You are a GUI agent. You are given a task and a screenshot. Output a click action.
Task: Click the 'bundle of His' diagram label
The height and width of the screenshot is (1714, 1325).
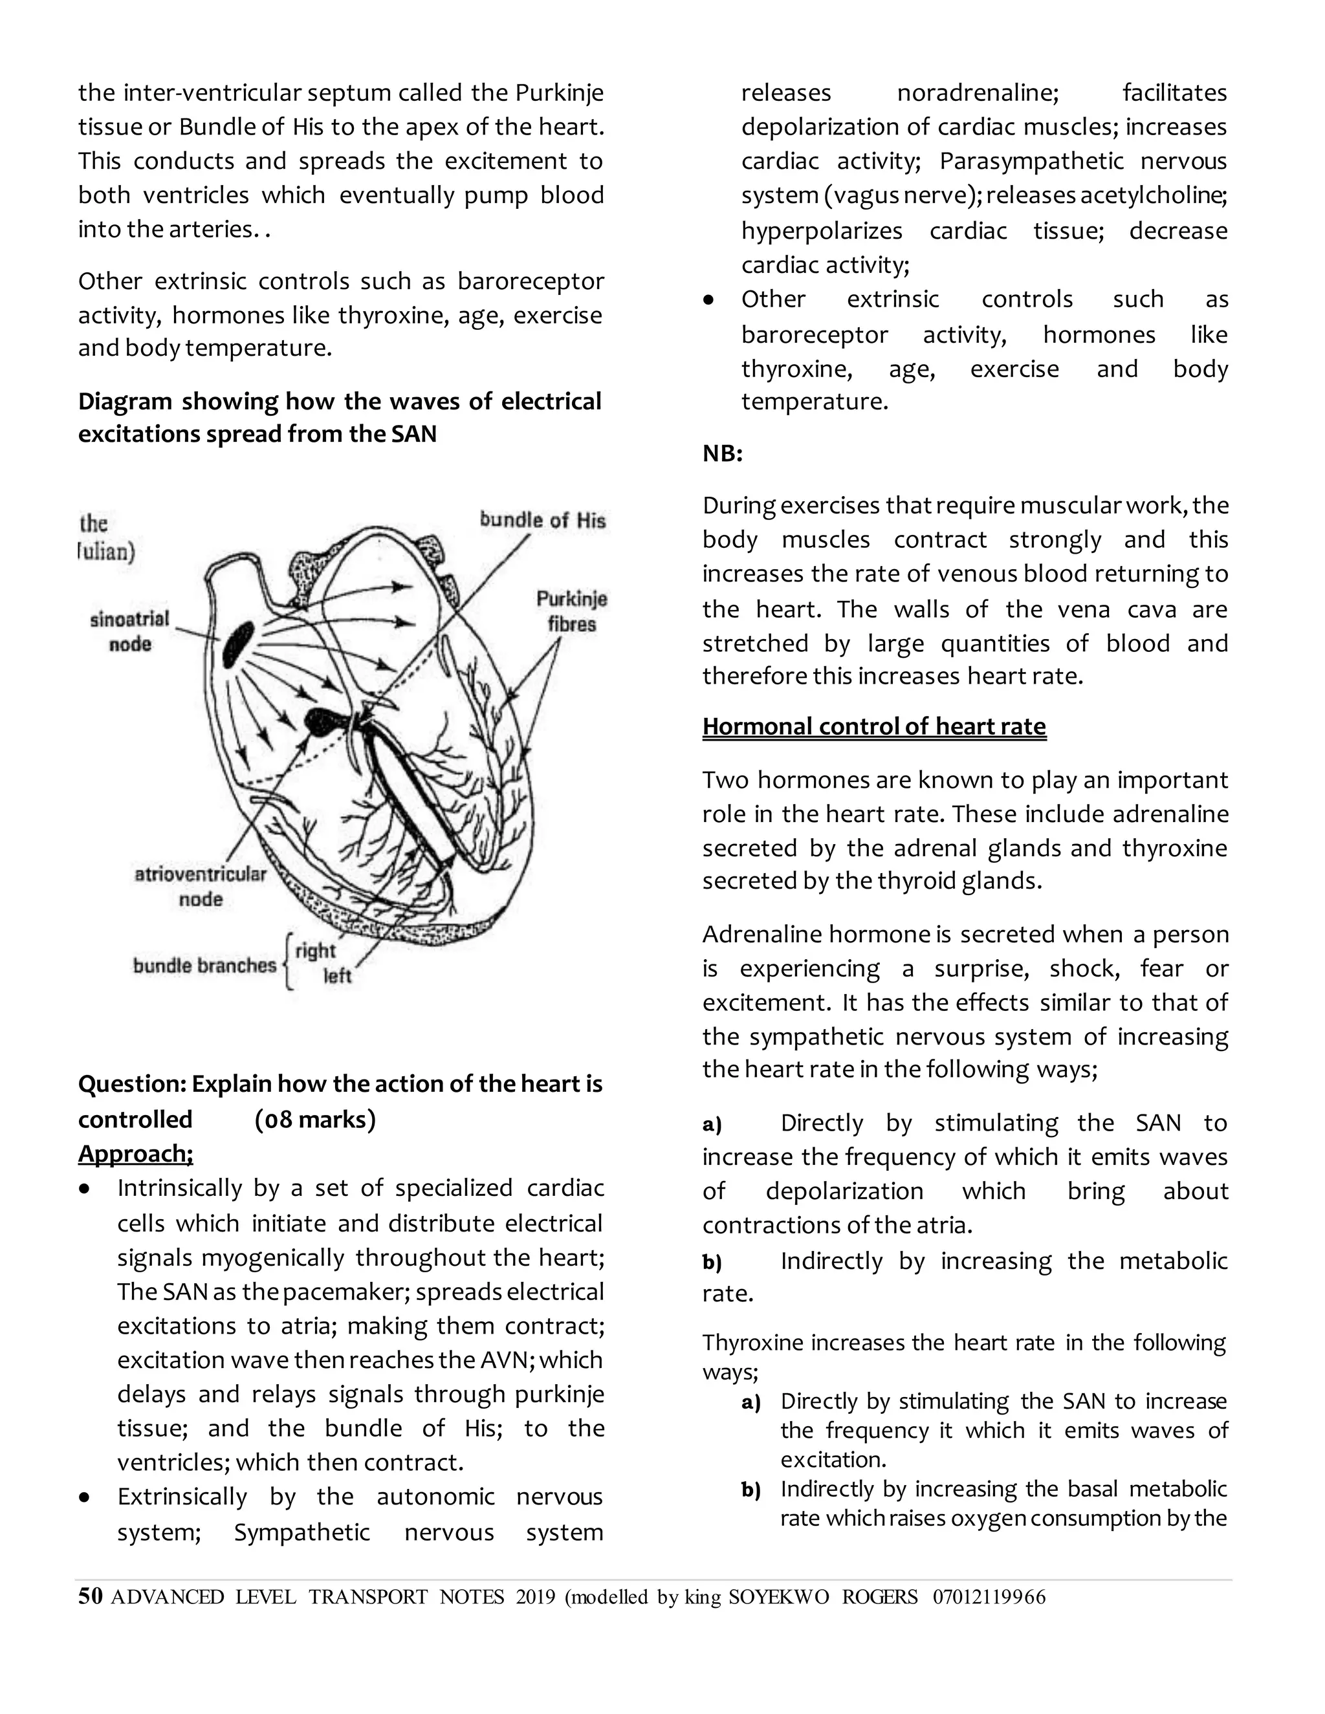[x=542, y=519]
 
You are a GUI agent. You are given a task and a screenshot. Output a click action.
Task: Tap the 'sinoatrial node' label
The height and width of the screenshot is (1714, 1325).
[x=129, y=631]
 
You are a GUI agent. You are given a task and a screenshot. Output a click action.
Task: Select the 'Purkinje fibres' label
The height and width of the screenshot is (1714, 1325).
[x=571, y=611]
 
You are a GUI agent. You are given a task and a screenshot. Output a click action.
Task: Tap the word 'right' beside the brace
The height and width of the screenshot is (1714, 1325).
[x=316, y=950]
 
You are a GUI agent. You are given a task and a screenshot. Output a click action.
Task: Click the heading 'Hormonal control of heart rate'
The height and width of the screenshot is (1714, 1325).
[x=873, y=726]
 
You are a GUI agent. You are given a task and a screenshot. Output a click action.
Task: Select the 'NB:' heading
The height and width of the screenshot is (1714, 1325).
[x=722, y=453]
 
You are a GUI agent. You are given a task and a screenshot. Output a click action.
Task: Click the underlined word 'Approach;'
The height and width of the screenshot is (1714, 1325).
[x=135, y=1154]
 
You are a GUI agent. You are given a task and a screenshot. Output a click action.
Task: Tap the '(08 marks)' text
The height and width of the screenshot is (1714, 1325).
[x=315, y=1119]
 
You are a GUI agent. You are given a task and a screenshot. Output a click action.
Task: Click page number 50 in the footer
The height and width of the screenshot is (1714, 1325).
[x=91, y=1596]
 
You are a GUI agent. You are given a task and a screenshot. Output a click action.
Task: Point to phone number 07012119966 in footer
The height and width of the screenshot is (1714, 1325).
[x=989, y=1597]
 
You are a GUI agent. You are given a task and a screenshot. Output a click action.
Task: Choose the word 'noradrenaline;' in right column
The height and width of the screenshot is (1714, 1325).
[x=978, y=92]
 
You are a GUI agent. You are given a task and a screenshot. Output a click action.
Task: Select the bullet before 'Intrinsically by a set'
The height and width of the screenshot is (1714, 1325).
[x=85, y=1189]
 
